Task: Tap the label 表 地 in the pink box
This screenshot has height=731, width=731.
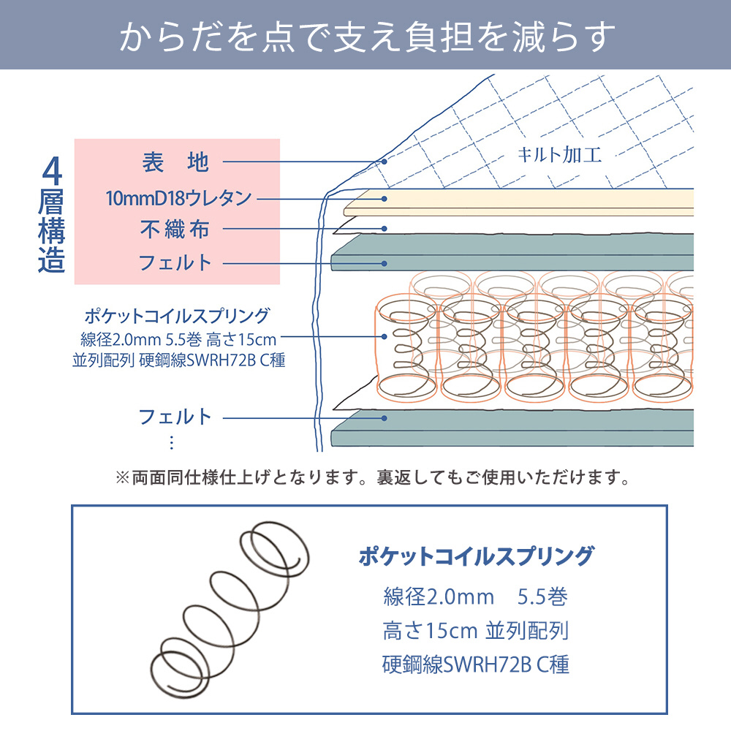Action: [175, 162]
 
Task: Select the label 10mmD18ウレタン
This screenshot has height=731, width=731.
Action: [178, 198]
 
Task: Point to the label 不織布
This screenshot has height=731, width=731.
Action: [175, 229]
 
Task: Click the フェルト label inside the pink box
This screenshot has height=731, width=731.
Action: [175, 263]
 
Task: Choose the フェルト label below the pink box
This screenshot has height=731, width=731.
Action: [175, 417]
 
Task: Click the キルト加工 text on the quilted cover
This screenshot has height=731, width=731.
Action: [559, 155]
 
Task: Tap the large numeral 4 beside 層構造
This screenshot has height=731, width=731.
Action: [52, 171]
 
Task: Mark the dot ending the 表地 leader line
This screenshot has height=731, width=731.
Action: [385, 162]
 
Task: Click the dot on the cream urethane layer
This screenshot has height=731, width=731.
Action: [385, 199]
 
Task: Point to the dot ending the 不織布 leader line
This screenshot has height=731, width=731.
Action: [385, 228]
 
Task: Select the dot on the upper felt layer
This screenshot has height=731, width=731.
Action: [385, 263]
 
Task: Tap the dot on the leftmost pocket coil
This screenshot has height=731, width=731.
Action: [385, 336]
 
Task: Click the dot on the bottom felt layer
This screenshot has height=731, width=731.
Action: [385, 418]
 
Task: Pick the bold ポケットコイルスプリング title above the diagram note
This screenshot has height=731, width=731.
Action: [177, 316]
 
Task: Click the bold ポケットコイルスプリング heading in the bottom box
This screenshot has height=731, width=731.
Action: [476, 556]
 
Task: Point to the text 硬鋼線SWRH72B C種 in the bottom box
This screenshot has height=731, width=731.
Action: [476, 664]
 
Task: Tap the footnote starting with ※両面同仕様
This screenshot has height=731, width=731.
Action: [373, 477]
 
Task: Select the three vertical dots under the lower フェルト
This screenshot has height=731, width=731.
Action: [172, 442]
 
